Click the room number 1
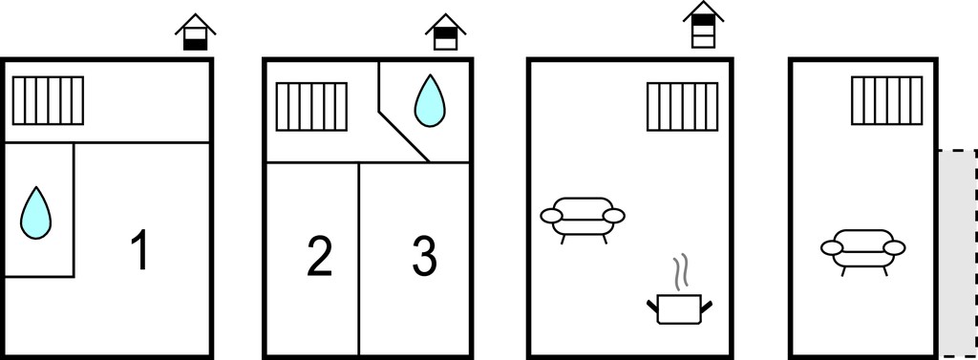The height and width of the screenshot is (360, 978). [x=141, y=249]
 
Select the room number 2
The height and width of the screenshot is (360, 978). [x=319, y=257]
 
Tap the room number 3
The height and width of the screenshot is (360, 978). [x=425, y=257]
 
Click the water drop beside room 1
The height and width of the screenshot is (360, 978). [x=35, y=213]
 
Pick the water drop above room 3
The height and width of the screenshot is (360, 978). [x=430, y=100]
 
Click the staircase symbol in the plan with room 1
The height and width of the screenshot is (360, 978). [x=48, y=100]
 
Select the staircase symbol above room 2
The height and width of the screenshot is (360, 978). [x=311, y=107]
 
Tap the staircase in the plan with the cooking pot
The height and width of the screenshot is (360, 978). [x=682, y=107]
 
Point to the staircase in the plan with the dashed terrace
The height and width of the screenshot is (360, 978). [x=887, y=100]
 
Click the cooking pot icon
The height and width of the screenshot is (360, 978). [x=679, y=308]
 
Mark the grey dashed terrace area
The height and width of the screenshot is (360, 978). [x=958, y=253]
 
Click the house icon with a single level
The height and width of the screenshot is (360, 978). [x=195, y=32]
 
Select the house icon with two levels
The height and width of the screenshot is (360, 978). [x=445, y=32]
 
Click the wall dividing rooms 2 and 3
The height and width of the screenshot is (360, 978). [x=359, y=259]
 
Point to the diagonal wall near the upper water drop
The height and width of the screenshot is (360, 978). [x=404, y=137]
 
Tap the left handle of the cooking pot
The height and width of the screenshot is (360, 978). [x=651, y=307]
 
